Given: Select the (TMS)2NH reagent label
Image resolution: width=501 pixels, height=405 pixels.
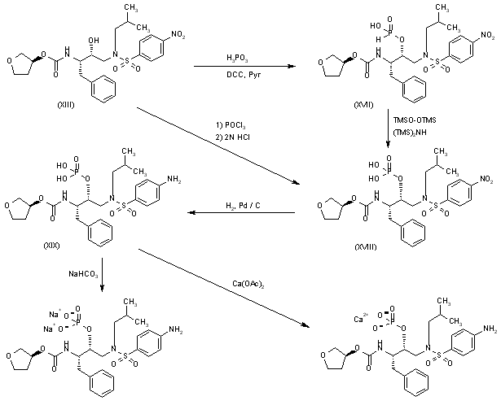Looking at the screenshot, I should tap(412, 130).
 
